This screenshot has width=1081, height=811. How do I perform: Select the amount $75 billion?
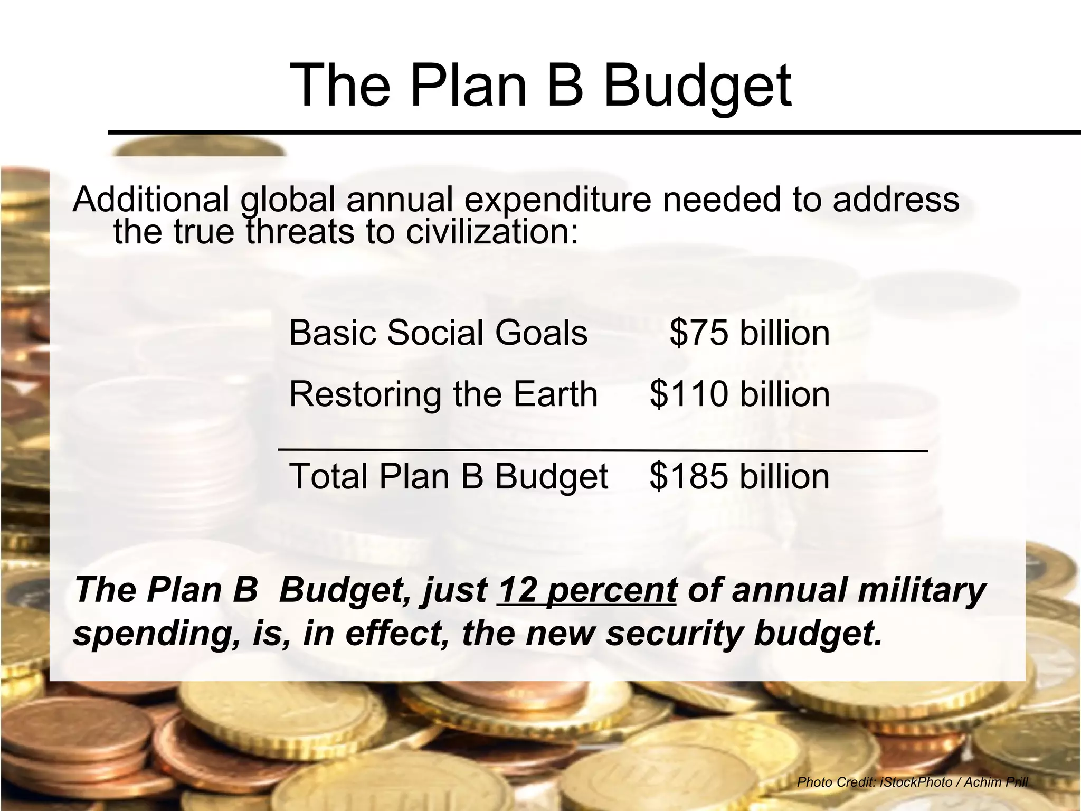750,333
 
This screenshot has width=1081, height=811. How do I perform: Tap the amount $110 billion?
739,394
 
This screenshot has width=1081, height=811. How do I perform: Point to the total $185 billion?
739,476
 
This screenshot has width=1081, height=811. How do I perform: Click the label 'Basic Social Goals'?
438,333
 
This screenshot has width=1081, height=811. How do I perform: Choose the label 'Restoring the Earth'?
443,394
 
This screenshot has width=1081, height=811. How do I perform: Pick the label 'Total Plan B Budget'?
449,476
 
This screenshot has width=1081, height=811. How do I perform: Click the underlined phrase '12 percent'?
587,590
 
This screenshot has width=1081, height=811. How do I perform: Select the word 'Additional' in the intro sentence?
151,200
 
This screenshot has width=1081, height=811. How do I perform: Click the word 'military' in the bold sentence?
922,590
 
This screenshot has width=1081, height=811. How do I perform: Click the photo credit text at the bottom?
912,782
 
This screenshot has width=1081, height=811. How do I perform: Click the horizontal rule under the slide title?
594,132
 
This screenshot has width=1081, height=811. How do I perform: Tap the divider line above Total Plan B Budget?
603,450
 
